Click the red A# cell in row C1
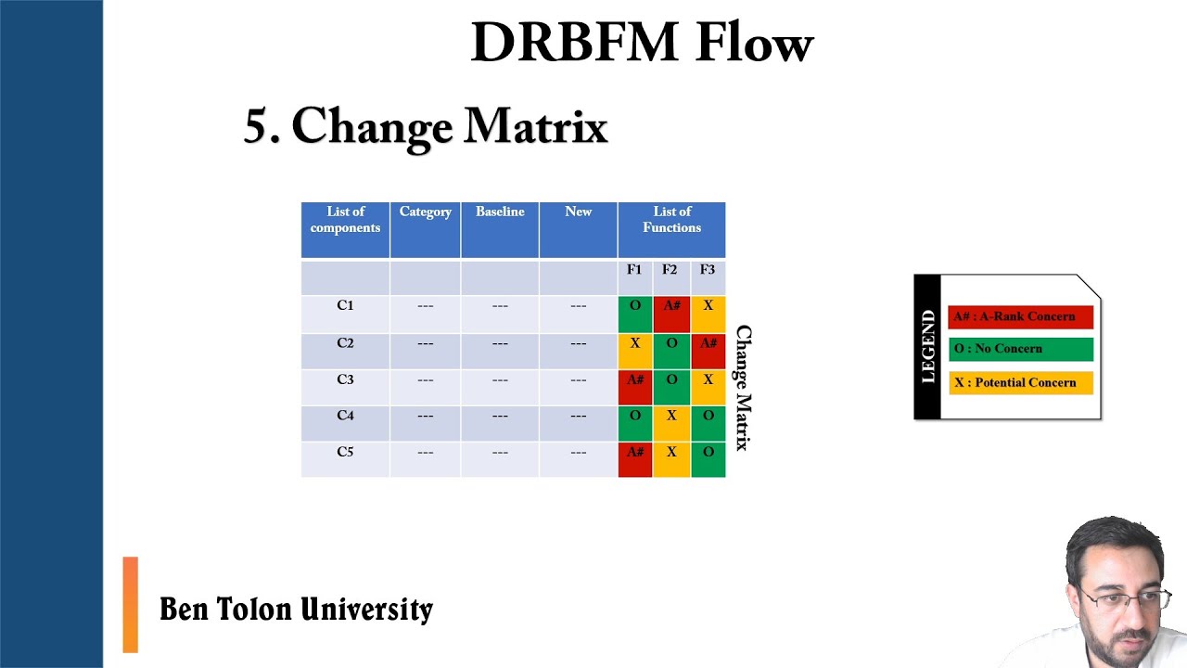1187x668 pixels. point(671,314)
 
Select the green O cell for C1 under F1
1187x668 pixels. point(635,314)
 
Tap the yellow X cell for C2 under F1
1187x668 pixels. point(635,351)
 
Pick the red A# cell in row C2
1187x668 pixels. point(708,351)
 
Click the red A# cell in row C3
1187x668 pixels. point(635,387)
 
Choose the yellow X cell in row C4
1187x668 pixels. point(671,423)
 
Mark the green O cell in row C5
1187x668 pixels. point(708,459)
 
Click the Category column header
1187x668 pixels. point(425,212)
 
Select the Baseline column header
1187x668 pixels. point(500,212)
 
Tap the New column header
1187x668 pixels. point(578,212)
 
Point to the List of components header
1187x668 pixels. point(345,220)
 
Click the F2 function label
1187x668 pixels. point(670,270)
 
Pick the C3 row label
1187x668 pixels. point(345,379)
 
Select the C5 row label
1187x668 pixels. point(345,452)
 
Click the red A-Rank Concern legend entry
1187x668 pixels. point(1020,316)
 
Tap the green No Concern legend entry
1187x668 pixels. point(1020,349)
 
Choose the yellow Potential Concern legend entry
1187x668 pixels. point(1020,382)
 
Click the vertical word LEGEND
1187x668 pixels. point(928,347)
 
